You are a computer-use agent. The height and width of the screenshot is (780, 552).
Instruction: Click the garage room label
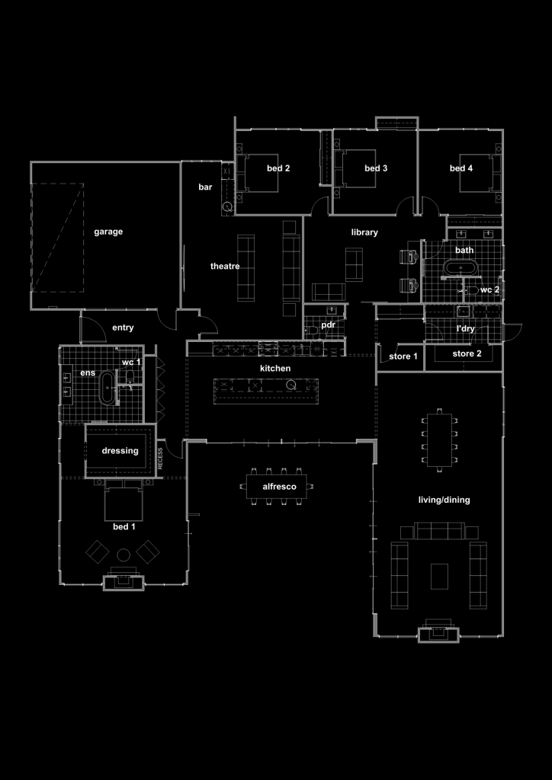108,232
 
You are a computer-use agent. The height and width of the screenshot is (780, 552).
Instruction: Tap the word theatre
225,267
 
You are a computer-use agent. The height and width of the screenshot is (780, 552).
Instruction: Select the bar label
205,187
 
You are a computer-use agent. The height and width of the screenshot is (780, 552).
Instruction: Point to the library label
364,232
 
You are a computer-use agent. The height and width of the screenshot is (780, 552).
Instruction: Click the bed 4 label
461,168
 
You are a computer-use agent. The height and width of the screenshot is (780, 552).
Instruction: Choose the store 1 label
403,356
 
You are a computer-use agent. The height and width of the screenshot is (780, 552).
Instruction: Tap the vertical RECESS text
160,458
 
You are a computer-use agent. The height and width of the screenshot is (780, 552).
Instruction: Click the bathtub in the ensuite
108,388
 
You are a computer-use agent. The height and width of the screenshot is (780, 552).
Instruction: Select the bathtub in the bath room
461,267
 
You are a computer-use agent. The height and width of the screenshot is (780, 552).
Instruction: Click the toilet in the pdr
313,331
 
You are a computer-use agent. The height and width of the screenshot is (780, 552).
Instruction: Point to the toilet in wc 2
472,290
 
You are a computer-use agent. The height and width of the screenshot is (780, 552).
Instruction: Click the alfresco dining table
276,487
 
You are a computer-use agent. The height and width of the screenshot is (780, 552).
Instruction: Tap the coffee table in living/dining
439,576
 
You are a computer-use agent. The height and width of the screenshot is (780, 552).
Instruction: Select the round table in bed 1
124,555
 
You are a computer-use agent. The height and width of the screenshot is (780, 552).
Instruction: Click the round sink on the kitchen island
290,385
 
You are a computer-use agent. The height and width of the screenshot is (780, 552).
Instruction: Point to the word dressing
120,451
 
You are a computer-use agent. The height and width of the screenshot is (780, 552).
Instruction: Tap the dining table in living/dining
439,440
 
